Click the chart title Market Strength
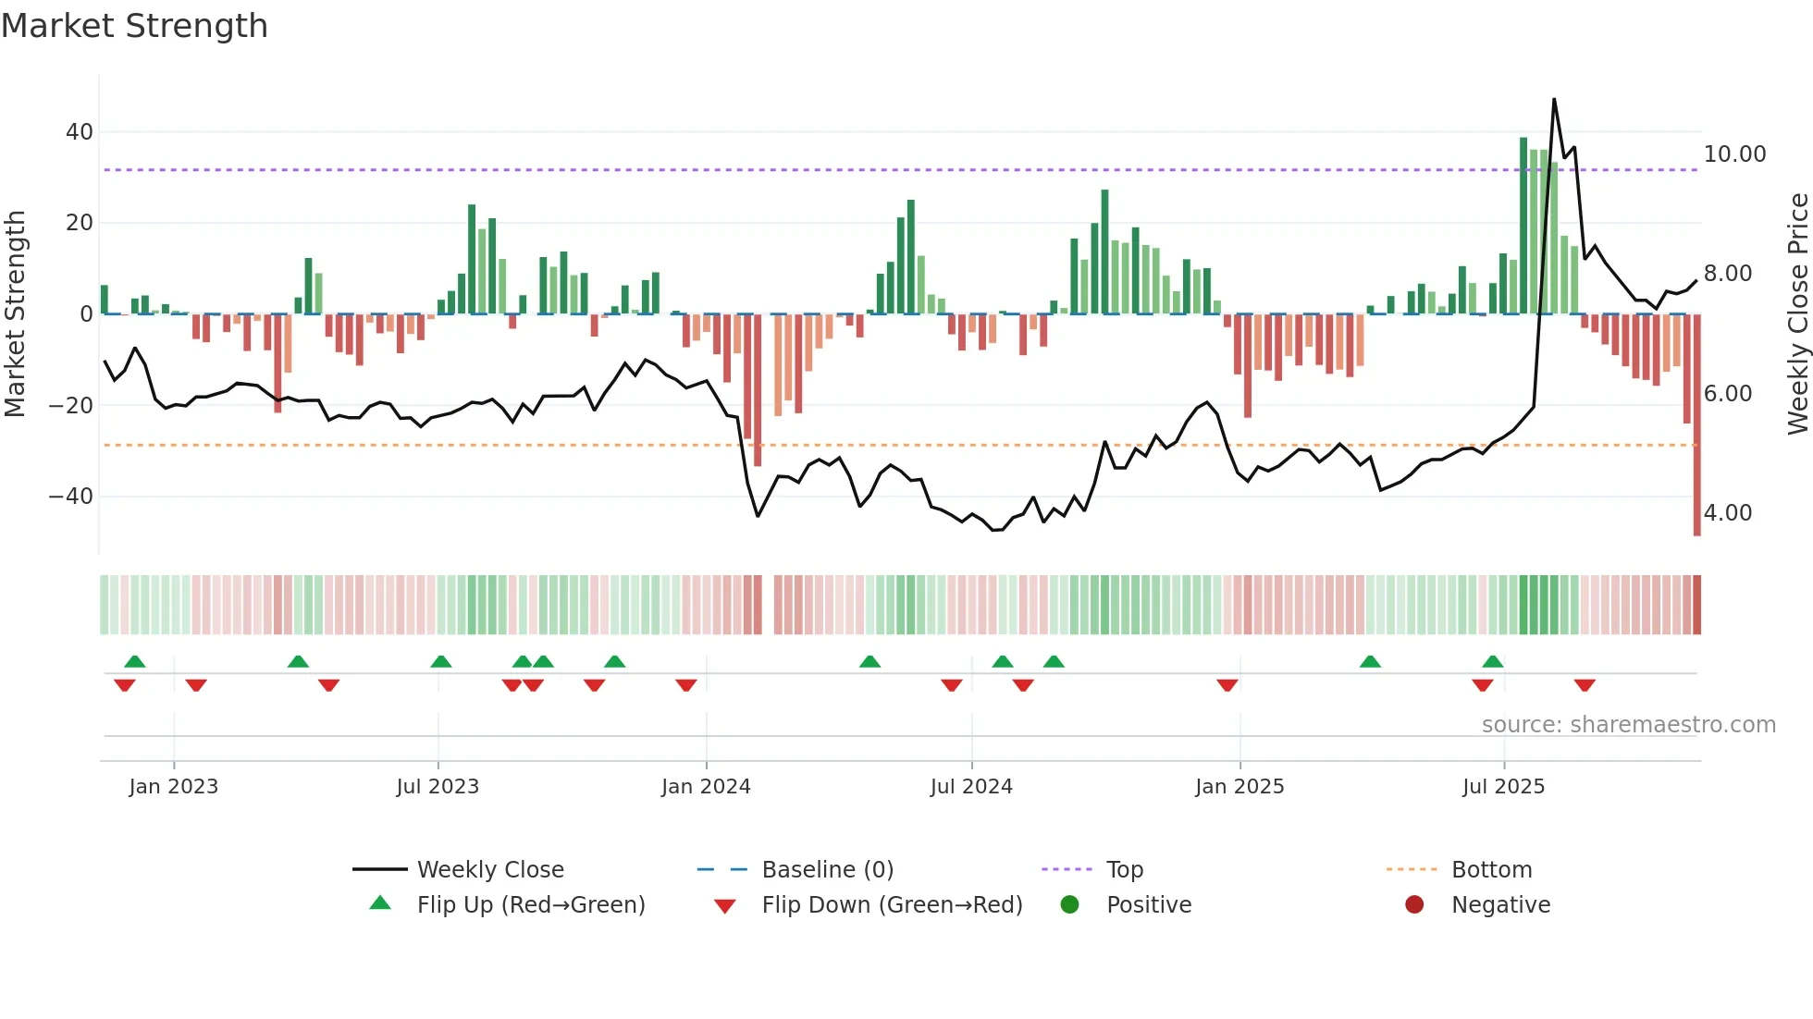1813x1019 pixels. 134,26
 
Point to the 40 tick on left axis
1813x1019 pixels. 80,132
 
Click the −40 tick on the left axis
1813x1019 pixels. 72,497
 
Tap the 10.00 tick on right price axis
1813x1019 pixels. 1734,154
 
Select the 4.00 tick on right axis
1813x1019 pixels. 1728,513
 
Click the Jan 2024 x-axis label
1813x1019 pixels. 706,787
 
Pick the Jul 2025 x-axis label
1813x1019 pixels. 1503,787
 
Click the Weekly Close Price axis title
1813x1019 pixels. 1797,314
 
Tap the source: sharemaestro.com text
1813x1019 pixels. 1628,725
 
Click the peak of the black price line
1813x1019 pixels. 1554,100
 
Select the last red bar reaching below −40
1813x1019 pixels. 1696,425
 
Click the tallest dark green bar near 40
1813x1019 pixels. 1523,226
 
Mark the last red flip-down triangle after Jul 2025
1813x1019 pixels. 1585,685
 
